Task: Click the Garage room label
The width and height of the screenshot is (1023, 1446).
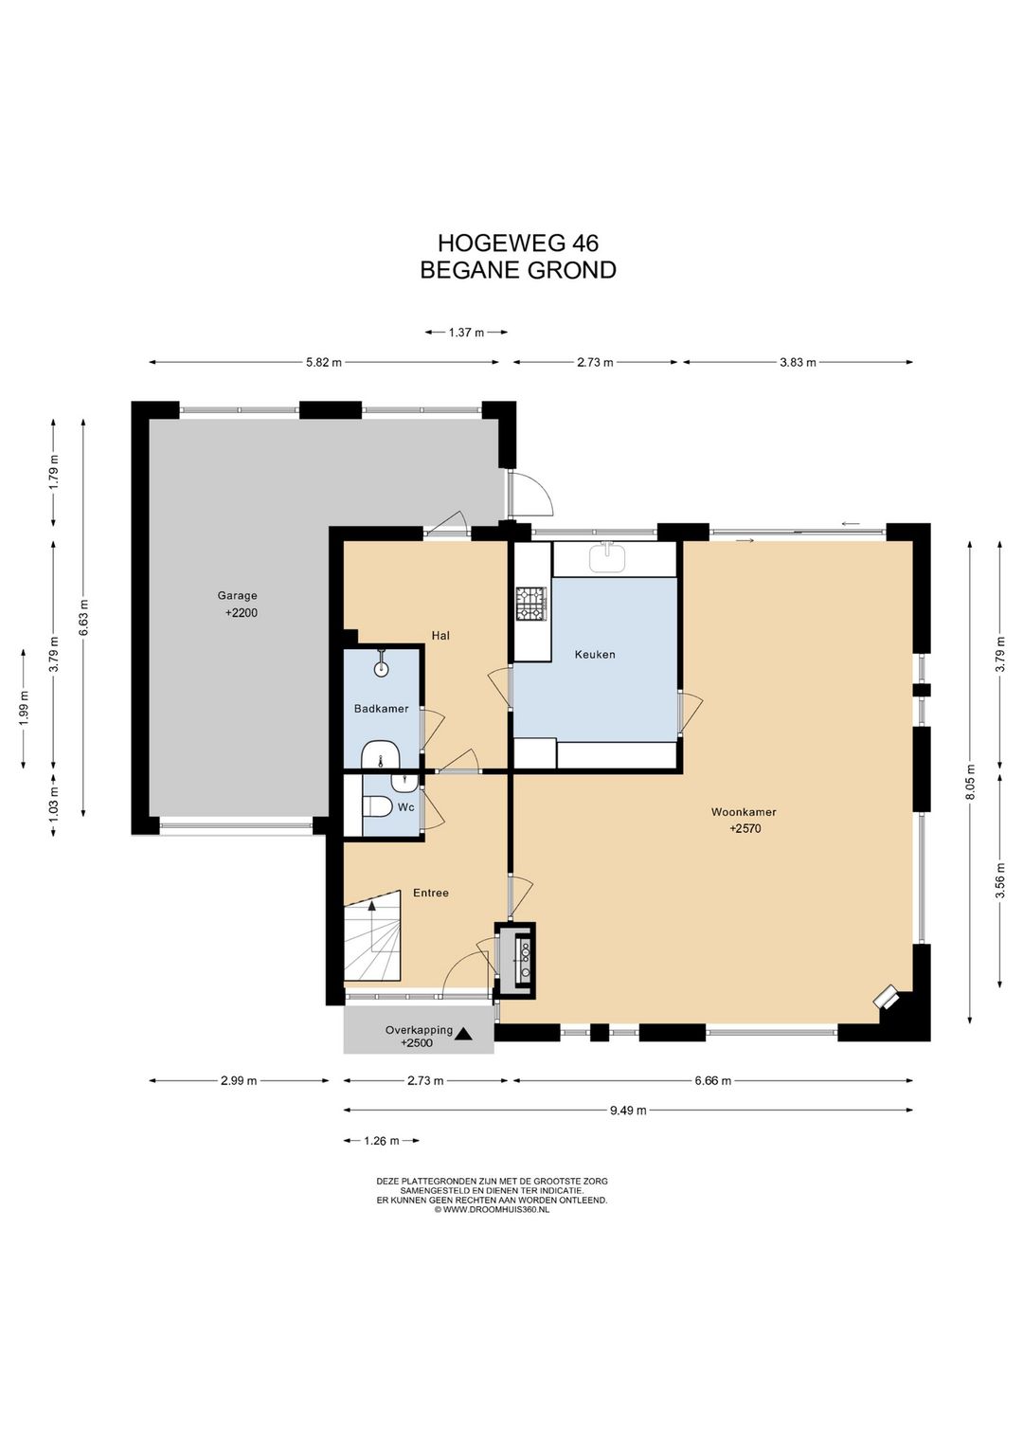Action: [237, 596]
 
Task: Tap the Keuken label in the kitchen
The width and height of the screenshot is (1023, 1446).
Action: [595, 655]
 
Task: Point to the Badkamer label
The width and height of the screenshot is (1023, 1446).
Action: [381, 709]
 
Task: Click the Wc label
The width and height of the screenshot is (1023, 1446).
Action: [405, 807]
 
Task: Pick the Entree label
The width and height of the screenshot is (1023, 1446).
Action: [430, 893]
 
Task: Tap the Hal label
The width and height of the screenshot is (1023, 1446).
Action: [440, 636]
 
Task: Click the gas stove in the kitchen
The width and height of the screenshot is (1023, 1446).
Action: [530, 605]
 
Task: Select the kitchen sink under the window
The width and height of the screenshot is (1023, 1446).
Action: [606, 557]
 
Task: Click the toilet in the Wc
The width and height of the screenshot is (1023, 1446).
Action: [377, 807]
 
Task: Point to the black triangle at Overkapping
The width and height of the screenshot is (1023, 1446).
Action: [463, 1034]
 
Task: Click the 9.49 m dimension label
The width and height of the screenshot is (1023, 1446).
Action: [628, 1111]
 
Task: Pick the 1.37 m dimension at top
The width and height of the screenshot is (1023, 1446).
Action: [466, 334]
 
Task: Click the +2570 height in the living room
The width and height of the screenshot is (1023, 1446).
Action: [745, 829]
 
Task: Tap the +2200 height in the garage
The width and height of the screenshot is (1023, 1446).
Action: [241, 613]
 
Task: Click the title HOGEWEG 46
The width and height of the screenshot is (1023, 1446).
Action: [517, 243]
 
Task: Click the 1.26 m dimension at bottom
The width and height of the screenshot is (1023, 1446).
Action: [382, 1141]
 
